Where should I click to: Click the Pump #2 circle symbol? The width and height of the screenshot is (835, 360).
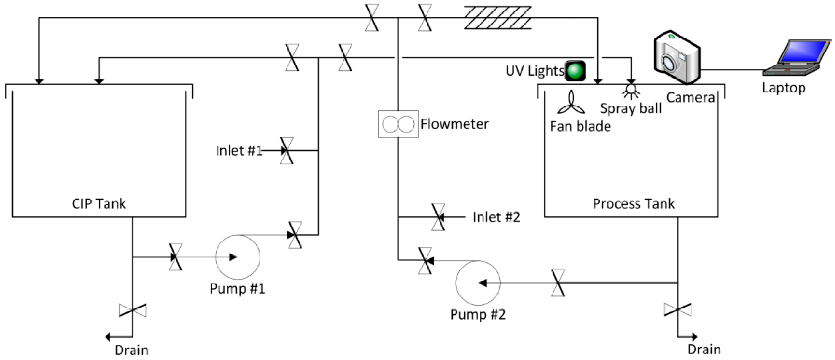478,283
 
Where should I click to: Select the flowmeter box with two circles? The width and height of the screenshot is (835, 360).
398,124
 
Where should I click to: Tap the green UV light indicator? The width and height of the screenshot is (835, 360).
575,71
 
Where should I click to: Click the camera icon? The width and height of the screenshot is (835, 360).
677,58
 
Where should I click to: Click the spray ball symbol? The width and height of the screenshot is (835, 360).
631,91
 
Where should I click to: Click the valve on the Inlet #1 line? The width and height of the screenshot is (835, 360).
287,151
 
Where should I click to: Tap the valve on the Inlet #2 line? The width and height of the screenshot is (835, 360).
438,217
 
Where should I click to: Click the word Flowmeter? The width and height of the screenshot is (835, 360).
454,124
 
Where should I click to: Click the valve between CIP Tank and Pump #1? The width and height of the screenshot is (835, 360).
175,257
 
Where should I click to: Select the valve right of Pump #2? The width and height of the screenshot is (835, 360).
557,283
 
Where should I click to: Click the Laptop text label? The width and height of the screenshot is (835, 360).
783,88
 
